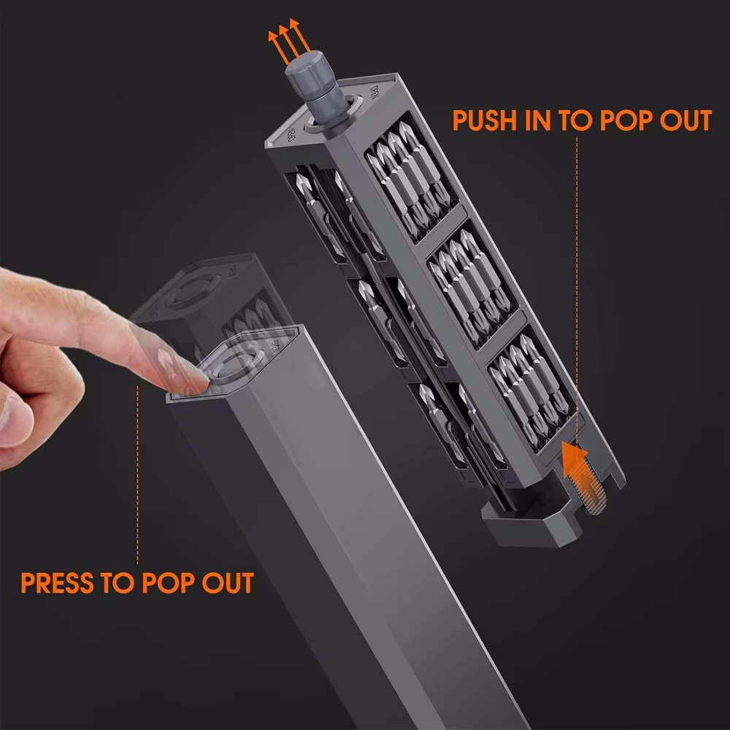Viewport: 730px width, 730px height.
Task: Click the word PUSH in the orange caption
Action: coord(485,120)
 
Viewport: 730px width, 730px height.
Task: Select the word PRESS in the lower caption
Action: coord(57,583)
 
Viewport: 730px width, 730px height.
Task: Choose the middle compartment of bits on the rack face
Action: coord(473,287)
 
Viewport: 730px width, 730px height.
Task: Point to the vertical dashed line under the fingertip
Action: coord(137,475)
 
